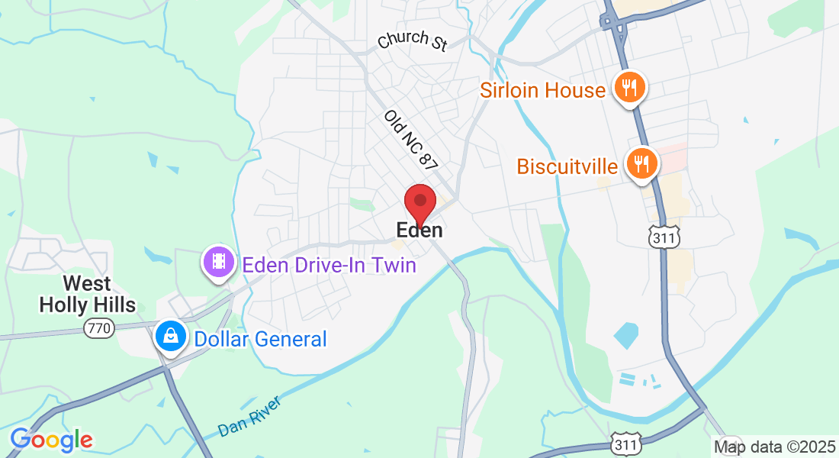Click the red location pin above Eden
coord(419,203)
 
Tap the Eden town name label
coord(419,230)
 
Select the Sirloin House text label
coord(542,90)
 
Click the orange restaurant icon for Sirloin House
coord(629,88)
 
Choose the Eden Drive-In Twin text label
coord(329,265)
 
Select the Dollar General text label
coord(260,338)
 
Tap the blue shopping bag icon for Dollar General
coord(171,336)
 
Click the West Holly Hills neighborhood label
coord(87,295)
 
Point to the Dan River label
coord(249,417)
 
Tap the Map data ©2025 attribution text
coord(773,447)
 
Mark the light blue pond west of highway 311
coord(625,334)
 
